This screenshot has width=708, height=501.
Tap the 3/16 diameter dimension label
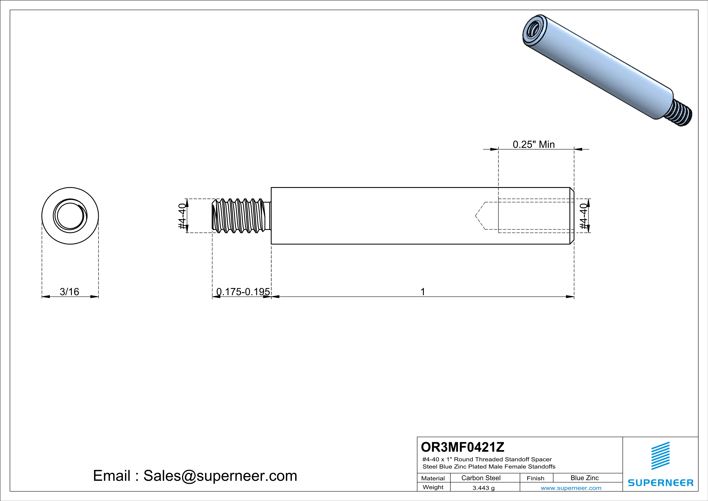click(69, 292)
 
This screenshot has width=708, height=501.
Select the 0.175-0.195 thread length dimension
click(243, 292)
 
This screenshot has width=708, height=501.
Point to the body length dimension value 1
click(423, 292)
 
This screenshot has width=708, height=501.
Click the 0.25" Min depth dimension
click(533, 144)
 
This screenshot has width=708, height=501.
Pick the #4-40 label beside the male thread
click(182, 216)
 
